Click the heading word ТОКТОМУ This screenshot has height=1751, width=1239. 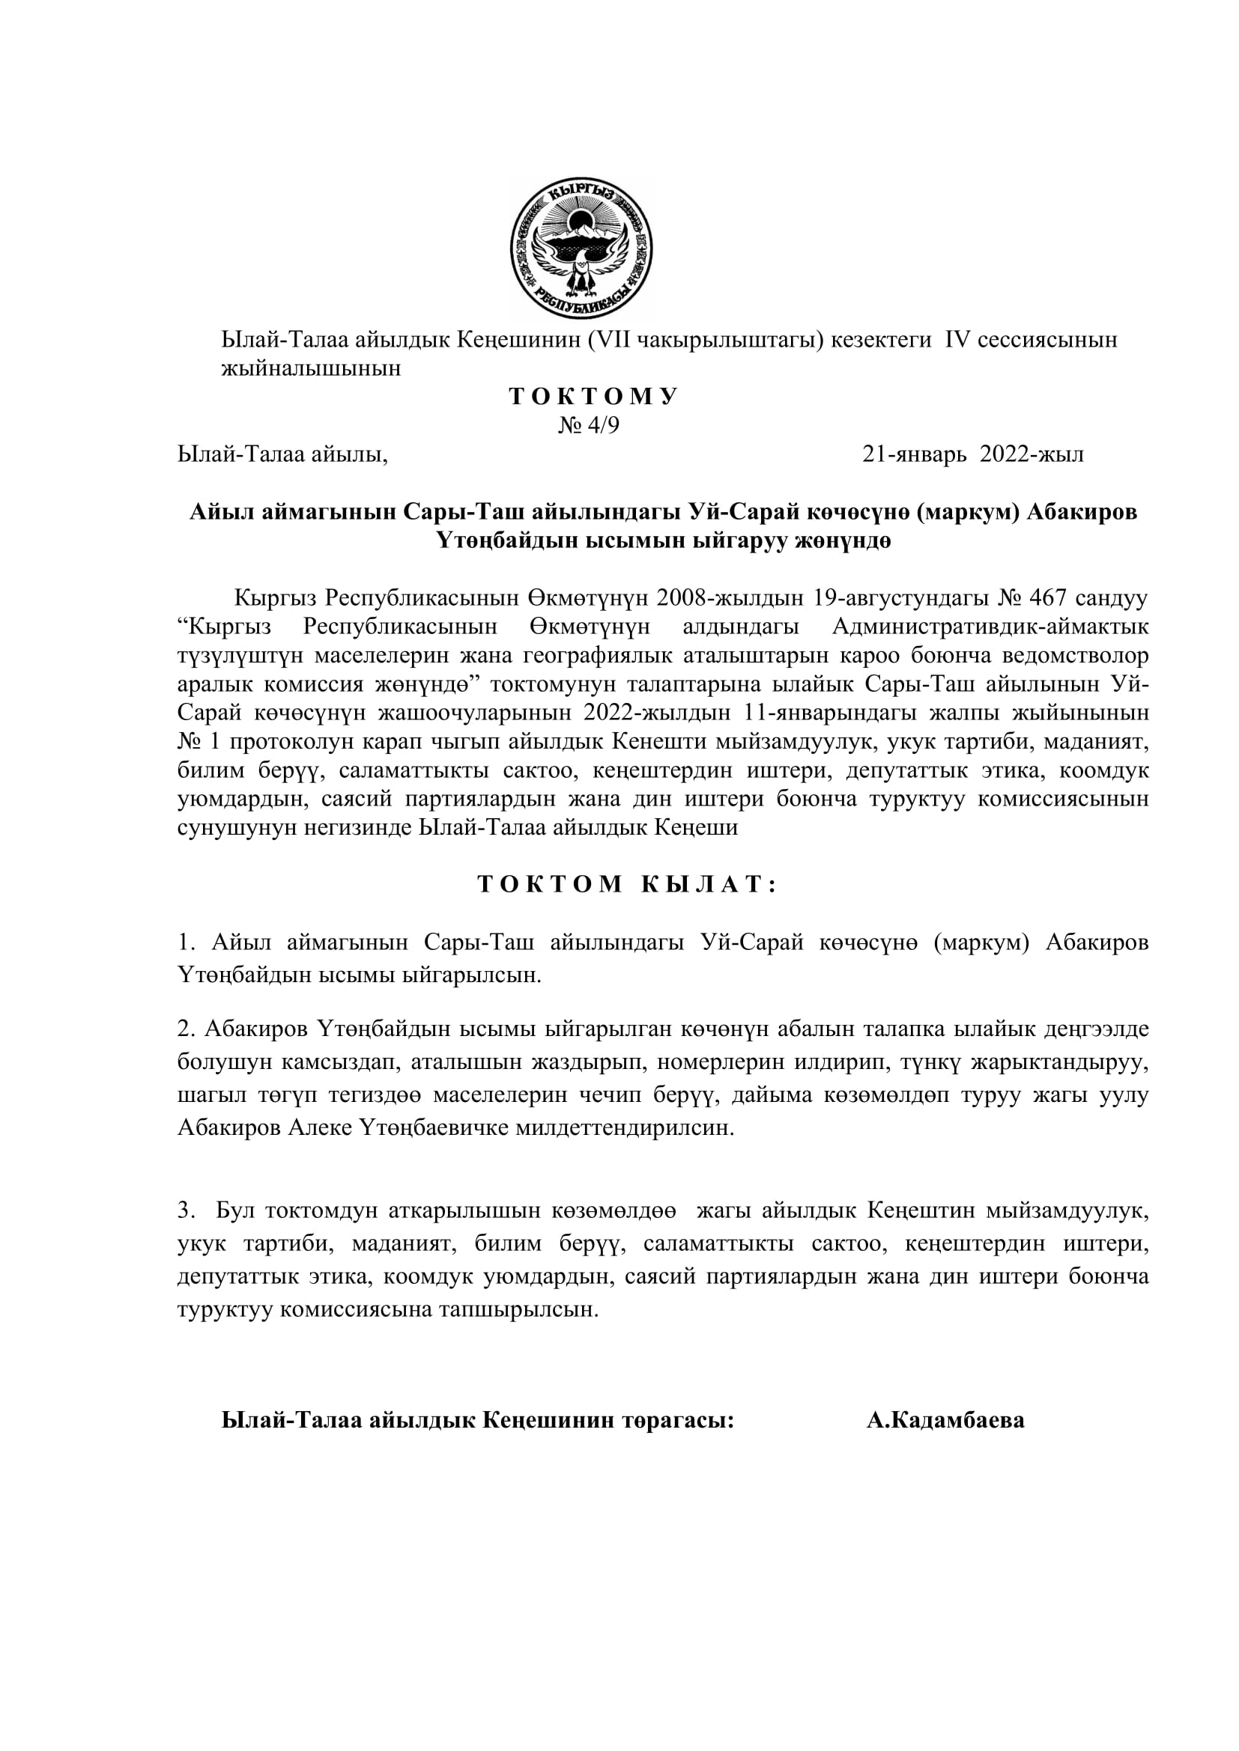[x=593, y=398]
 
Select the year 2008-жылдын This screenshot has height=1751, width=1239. [x=727, y=597]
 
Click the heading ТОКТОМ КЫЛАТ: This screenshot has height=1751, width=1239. [x=627, y=885]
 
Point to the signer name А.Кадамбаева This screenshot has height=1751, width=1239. [x=945, y=1420]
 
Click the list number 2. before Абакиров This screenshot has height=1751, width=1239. [x=187, y=1029]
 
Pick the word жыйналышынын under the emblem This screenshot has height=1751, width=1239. [x=311, y=368]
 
